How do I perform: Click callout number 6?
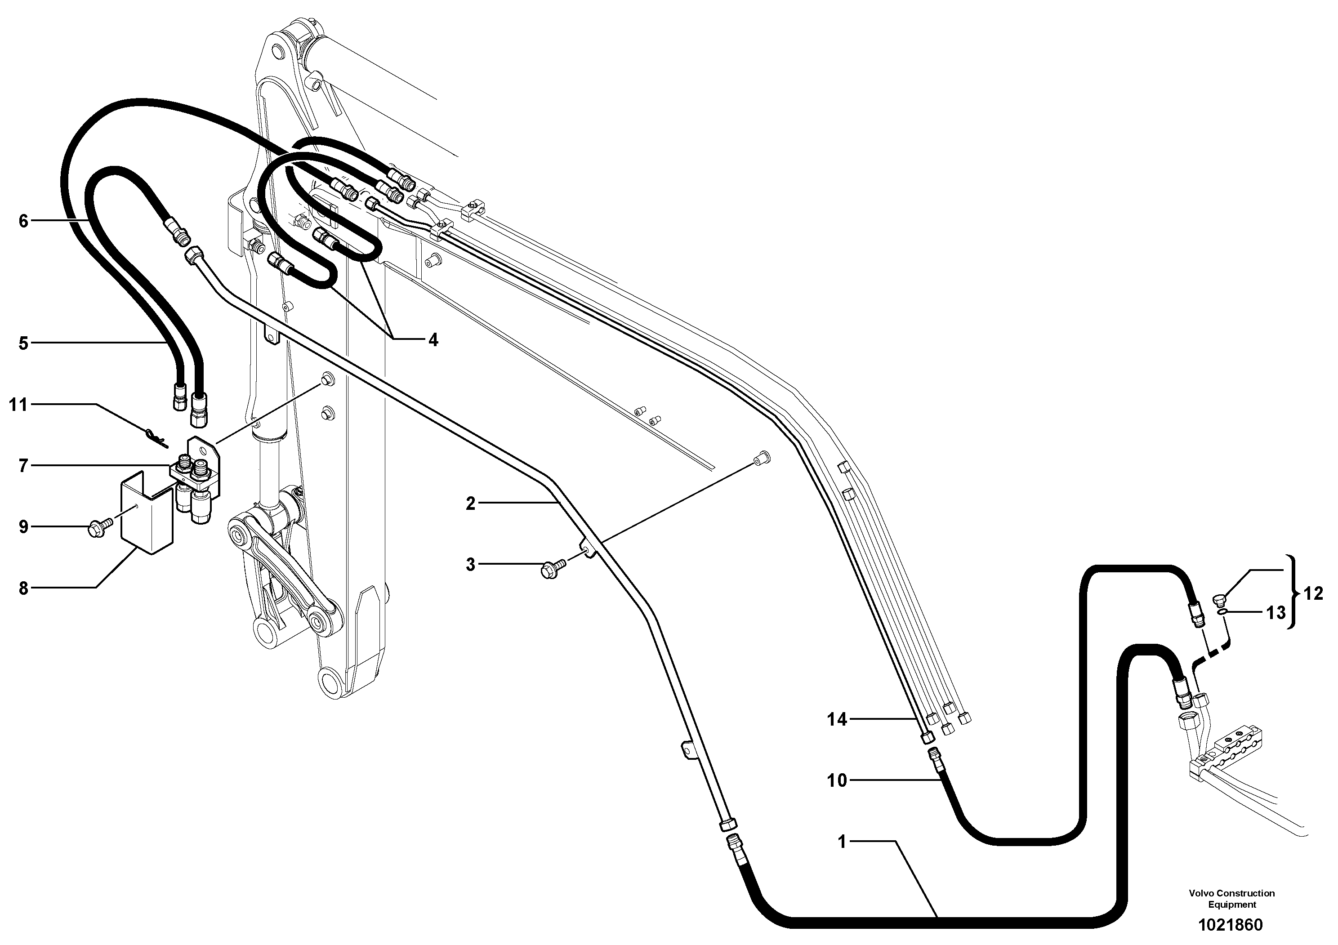click(x=23, y=221)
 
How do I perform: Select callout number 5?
click(x=23, y=343)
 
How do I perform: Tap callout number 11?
click(x=18, y=404)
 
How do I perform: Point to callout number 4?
click(x=433, y=340)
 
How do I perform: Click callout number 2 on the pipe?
click(x=471, y=504)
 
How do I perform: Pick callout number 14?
click(x=837, y=719)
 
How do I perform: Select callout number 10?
click(x=837, y=780)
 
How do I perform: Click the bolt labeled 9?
click(x=97, y=530)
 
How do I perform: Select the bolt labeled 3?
click(x=551, y=568)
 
